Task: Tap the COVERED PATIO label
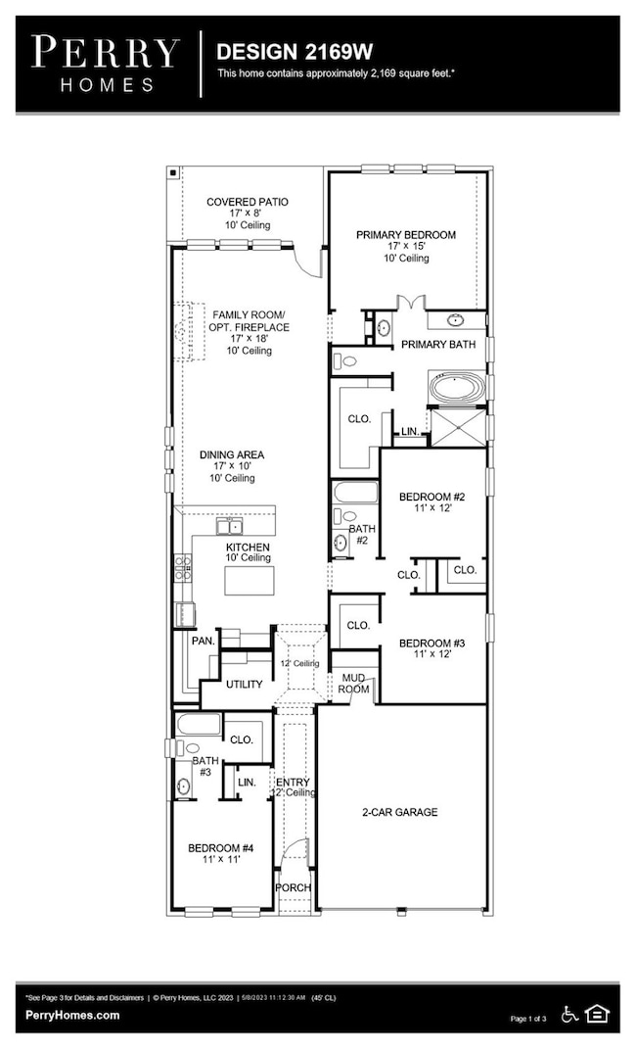[248, 202]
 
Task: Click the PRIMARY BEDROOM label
[405, 235]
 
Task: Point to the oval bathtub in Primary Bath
[456, 388]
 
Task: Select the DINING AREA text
[232, 455]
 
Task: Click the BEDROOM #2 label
[432, 498]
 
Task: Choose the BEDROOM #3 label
[432, 644]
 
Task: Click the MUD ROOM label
[352, 683]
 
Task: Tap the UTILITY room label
[244, 685]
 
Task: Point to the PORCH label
[293, 887]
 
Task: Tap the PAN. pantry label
[202, 640]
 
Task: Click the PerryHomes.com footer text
[72, 1016]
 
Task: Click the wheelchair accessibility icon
[570, 1013]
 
